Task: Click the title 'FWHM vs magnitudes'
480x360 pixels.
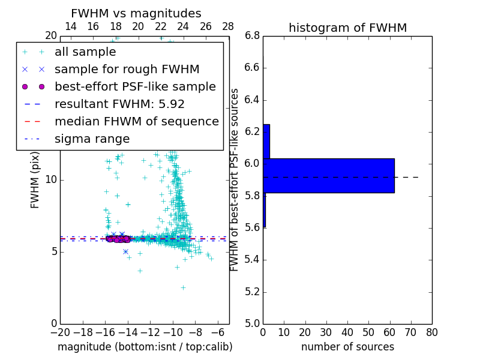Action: point(136,14)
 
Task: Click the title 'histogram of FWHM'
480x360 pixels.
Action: point(347,28)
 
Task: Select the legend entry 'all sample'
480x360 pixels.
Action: point(85,52)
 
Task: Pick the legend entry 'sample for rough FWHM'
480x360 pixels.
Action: point(127,69)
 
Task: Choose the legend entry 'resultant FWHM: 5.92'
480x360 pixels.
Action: point(119,104)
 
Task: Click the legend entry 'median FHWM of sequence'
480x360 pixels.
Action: point(136,121)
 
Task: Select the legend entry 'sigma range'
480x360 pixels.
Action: point(92,139)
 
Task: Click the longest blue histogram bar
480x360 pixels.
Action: point(328,175)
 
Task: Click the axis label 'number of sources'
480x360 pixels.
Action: point(347,347)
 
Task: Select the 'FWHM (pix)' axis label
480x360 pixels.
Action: point(35,179)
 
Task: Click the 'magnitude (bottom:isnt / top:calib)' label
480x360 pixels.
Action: point(145,347)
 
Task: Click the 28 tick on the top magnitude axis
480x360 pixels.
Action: point(229,26)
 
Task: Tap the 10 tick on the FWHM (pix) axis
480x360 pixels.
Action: point(50,180)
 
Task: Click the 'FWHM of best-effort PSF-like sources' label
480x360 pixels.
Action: point(235,179)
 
